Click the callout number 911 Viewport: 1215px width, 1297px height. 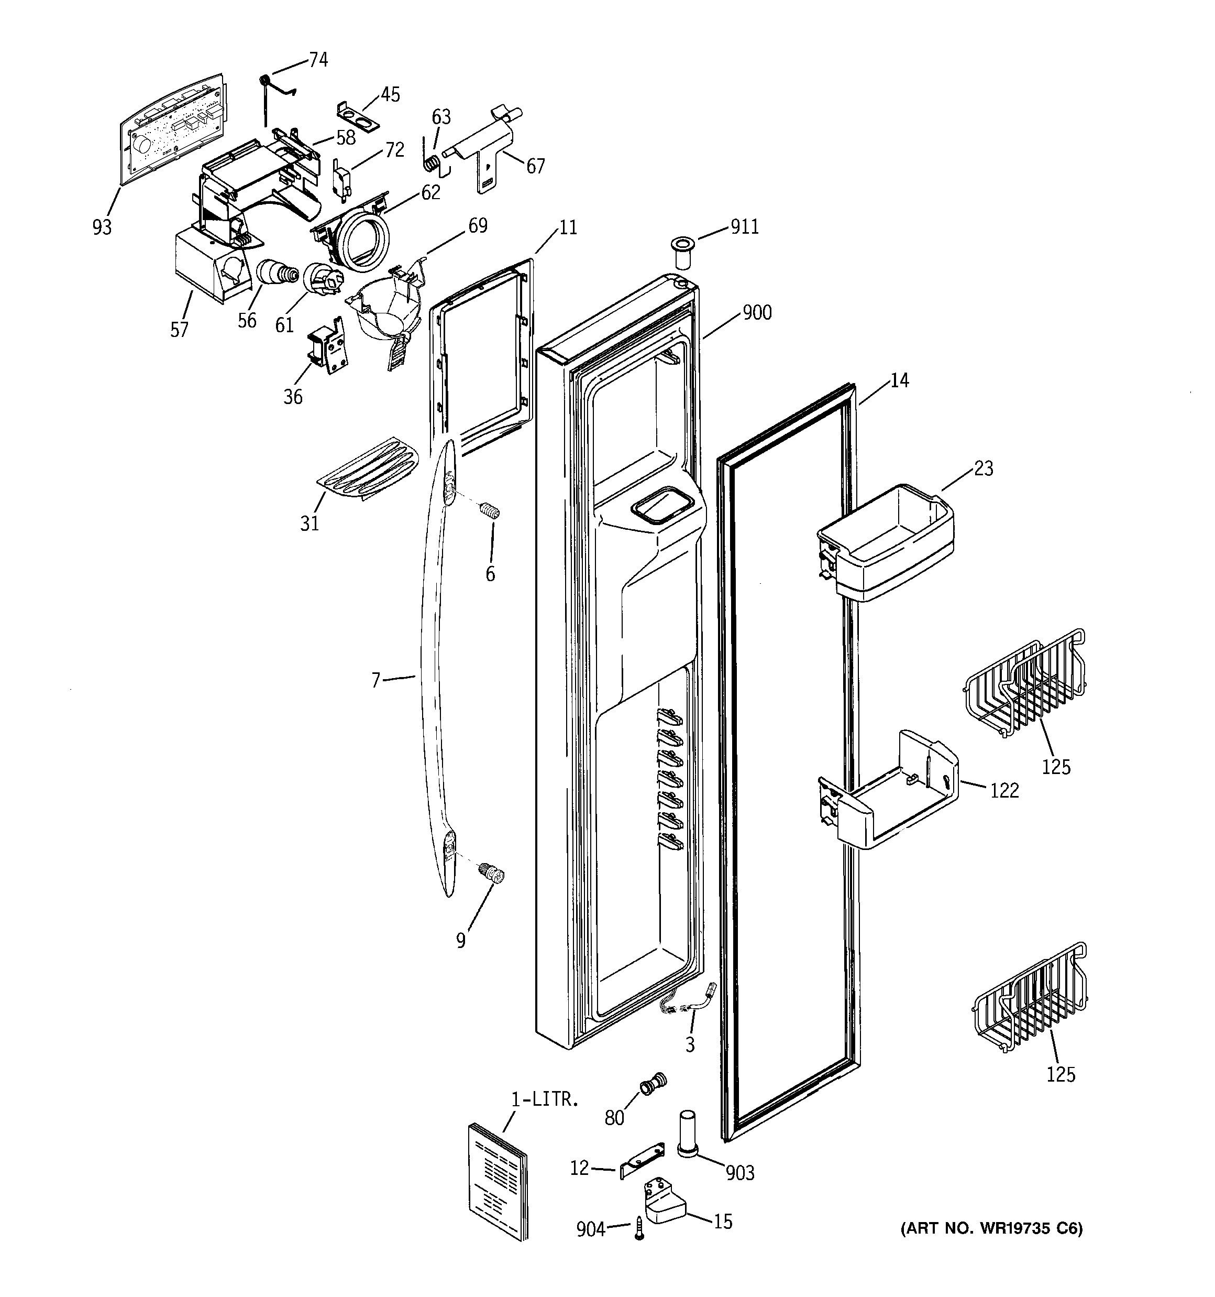click(744, 226)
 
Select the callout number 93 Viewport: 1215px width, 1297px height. click(102, 227)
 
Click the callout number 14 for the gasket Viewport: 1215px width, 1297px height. click(899, 380)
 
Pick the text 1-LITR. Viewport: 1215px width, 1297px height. click(544, 1099)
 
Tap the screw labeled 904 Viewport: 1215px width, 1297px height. click(639, 1230)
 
